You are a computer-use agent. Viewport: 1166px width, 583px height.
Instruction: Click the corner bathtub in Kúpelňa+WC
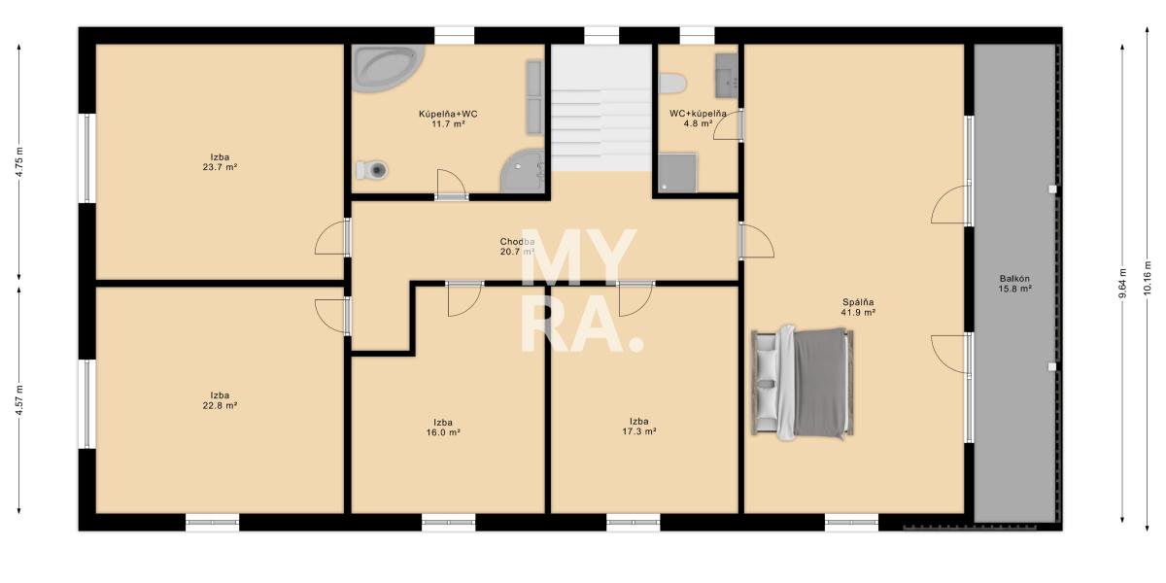(388, 68)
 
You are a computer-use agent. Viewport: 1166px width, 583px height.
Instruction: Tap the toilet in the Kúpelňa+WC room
(372, 170)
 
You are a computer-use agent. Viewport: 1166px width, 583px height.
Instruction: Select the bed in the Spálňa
(803, 383)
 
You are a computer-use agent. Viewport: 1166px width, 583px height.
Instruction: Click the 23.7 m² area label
(220, 167)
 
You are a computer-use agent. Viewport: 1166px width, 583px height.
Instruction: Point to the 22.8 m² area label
(220, 405)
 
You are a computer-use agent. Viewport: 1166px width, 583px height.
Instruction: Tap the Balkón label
(1014, 279)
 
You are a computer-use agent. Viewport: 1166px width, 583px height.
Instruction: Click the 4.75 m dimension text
(19, 162)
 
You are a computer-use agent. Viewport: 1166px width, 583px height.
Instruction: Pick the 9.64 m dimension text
(1122, 283)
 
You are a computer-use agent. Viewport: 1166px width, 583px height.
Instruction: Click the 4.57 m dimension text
(19, 400)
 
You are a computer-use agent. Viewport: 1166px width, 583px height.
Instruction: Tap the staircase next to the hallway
(601, 108)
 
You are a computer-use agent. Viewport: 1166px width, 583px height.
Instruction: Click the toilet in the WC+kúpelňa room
(672, 84)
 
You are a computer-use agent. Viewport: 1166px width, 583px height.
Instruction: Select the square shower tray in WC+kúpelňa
(677, 173)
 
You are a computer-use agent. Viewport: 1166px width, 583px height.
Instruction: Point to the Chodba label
(517, 242)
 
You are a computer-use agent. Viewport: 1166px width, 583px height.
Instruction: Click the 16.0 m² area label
(443, 432)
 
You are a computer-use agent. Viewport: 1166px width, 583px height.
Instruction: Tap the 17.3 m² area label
(638, 431)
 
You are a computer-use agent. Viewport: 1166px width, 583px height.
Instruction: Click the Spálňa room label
(858, 302)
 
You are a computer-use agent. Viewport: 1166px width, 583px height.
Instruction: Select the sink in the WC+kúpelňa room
(726, 76)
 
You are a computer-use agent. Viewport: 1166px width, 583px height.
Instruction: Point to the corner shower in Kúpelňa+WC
(523, 171)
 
